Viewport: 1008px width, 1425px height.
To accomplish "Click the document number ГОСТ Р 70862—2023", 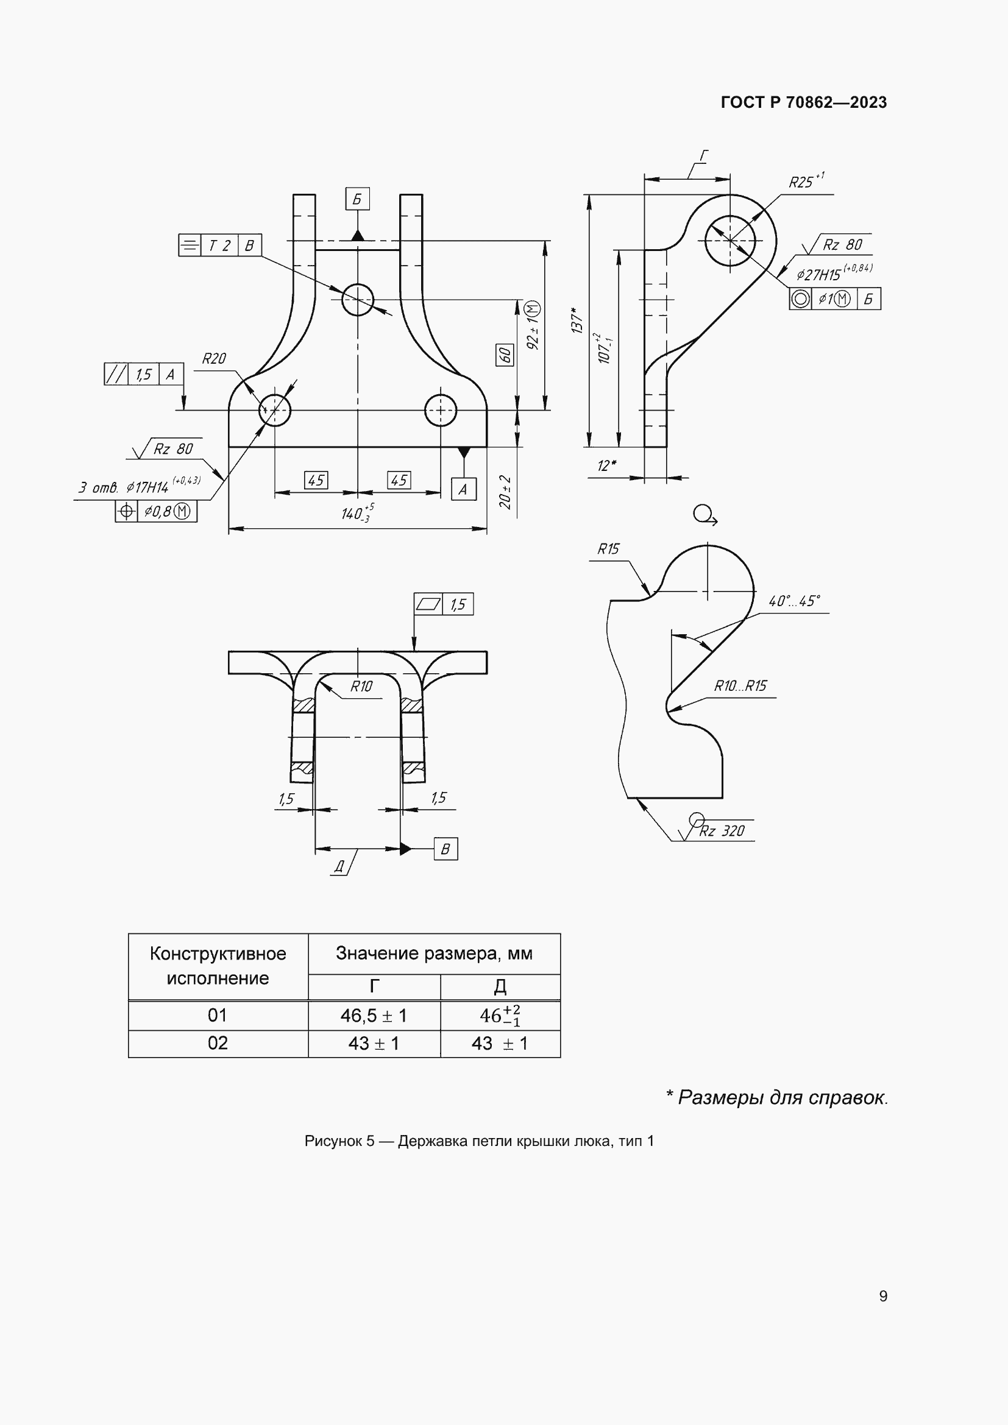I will [x=803, y=102].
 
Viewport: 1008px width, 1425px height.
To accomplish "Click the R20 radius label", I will [x=213, y=359].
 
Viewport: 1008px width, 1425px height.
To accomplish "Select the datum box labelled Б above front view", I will [x=358, y=199].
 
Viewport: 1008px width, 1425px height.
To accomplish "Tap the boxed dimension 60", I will [x=505, y=355].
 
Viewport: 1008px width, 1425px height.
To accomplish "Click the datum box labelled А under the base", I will [x=463, y=490].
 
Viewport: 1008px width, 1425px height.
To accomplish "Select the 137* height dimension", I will [x=577, y=320].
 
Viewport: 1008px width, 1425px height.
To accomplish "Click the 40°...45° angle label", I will [x=794, y=601].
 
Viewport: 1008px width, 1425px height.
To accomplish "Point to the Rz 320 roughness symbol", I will [x=720, y=830].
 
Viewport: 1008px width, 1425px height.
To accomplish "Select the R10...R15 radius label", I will [x=740, y=686].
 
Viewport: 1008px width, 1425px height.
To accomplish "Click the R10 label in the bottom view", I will [x=361, y=686].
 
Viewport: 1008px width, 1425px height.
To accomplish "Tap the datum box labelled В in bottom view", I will [x=445, y=849].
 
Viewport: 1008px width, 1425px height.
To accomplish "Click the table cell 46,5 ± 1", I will [x=374, y=1016].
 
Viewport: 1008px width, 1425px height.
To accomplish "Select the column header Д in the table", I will [x=500, y=986].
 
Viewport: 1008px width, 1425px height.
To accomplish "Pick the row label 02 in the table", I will [x=217, y=1043].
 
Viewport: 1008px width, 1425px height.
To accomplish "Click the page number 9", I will [x=882, y=1296].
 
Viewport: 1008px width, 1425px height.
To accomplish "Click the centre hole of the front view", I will [x=358, y=300].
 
